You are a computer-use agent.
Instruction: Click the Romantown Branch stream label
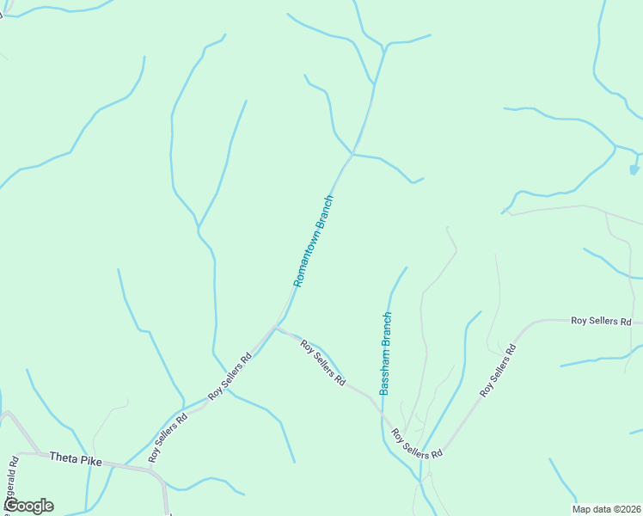click(313, 241)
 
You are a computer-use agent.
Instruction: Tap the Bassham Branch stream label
click(386, 353)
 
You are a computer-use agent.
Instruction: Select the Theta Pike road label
click(76, 460)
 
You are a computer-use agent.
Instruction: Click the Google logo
click(28, 506)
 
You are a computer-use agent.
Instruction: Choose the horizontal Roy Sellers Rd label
click(601, 321)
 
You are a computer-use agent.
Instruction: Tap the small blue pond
click(634, 169)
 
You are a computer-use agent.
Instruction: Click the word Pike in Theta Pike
click(92, 461)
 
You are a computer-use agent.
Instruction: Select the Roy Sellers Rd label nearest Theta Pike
click(168, 439)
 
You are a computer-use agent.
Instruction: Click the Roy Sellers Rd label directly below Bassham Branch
click(417, 444)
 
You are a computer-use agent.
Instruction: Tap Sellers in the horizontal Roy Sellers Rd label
click(601, 321)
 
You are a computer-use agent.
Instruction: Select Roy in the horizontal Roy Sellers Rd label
click(579, 321)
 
